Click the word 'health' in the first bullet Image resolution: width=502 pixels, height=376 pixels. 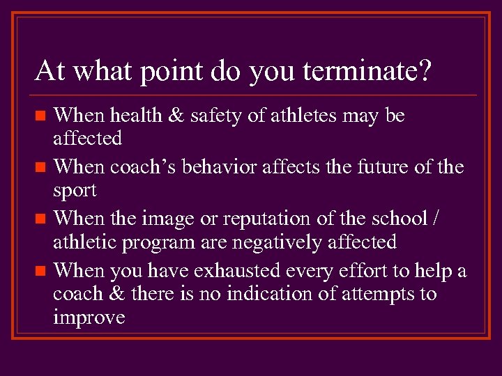pos(137,115)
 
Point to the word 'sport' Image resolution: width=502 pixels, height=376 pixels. pos(75,190)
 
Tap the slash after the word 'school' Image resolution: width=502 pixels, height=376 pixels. pos(436,219)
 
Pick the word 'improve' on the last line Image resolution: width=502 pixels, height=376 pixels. pos(89,318)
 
